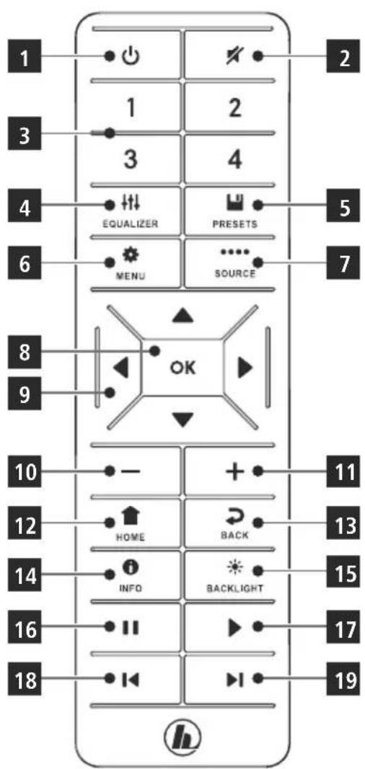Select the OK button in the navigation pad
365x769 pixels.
click(x=182, y=368)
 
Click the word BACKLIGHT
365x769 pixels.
click(x=234, y=588)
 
